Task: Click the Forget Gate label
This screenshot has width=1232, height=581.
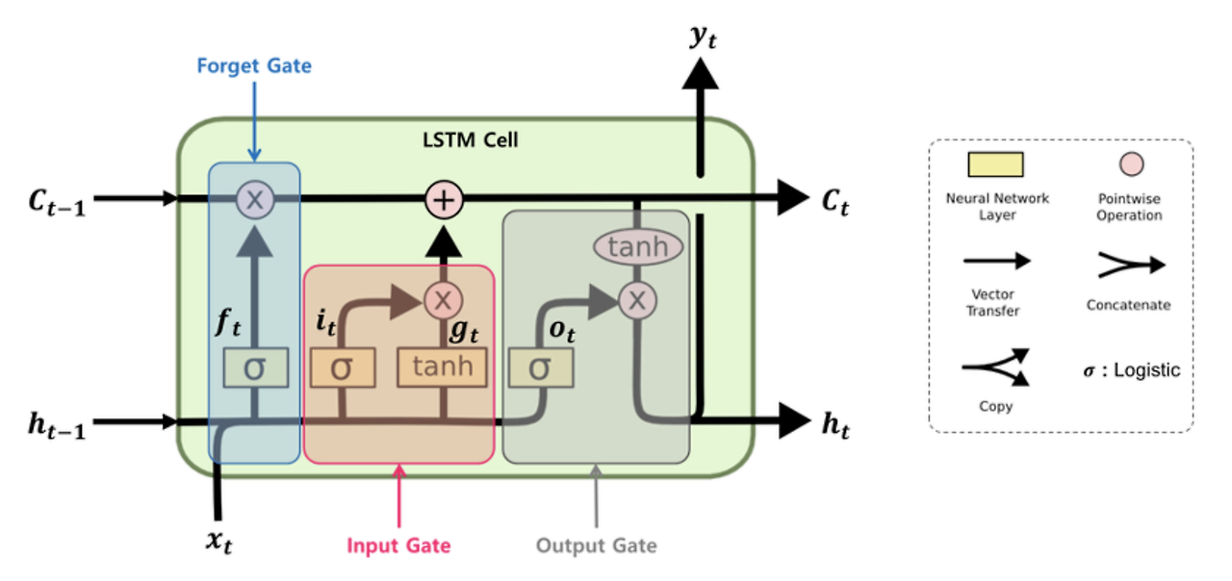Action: [254, 66]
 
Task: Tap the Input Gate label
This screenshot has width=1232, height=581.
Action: [398, 546]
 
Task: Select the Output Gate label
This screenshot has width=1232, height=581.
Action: [596, 546]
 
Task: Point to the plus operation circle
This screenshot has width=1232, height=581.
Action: [445, 200]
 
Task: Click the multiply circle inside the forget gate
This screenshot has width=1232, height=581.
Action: [255, 200]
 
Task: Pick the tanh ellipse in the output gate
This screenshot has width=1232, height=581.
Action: [637, 247]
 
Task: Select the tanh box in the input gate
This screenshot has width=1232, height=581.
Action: [443, 367]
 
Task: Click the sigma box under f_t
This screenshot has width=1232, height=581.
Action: [255, 368]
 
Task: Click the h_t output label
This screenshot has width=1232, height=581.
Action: [834, 425]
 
